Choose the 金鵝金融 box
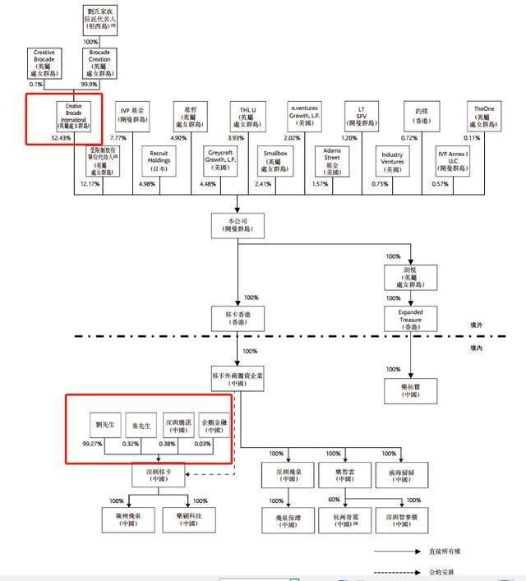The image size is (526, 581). [215, 424]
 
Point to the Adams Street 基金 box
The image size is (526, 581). [332, 160]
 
